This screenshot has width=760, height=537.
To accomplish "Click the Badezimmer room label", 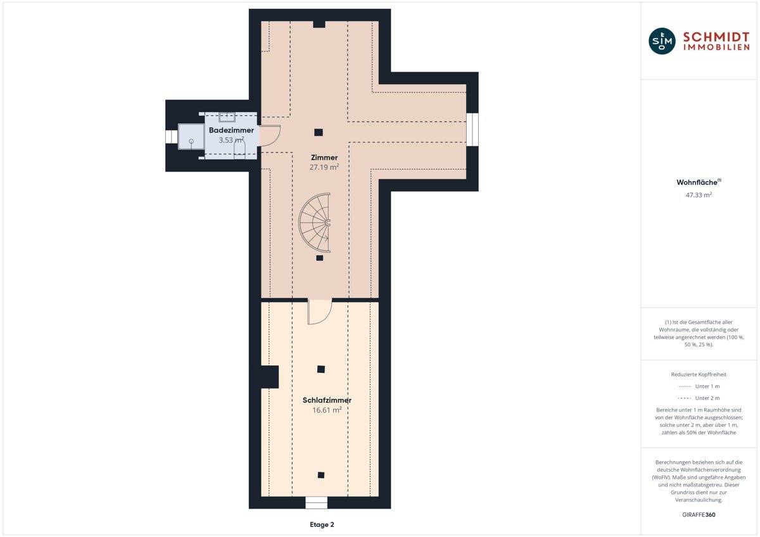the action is (231, 130).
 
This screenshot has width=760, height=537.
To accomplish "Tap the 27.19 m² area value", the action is (324, 167).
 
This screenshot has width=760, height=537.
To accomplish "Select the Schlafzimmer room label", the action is (327, 400).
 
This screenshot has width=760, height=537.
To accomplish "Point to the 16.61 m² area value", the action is (327, 410).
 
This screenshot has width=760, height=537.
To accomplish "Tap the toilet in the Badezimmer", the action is (239, 149).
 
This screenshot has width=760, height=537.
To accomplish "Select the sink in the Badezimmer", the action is (227, 117).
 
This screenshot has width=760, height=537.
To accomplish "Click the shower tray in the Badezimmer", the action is (191, 137).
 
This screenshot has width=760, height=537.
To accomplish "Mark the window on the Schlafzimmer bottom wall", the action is (316, 502).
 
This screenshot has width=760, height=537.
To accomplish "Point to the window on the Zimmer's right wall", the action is (472, 130).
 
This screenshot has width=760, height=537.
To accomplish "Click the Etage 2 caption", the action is (322, 524).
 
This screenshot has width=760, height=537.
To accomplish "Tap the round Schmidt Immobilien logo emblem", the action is (662, 41).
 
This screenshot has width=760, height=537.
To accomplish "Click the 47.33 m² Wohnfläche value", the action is (699, 195).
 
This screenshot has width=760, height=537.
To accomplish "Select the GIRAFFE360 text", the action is (699, 515).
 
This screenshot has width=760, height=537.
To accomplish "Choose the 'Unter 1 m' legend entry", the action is (699, 386).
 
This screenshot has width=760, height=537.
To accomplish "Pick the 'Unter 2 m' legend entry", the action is (699, 398).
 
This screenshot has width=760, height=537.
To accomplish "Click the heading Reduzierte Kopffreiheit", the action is (699, 374).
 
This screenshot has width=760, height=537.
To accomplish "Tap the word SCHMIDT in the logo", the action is (716, 37).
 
